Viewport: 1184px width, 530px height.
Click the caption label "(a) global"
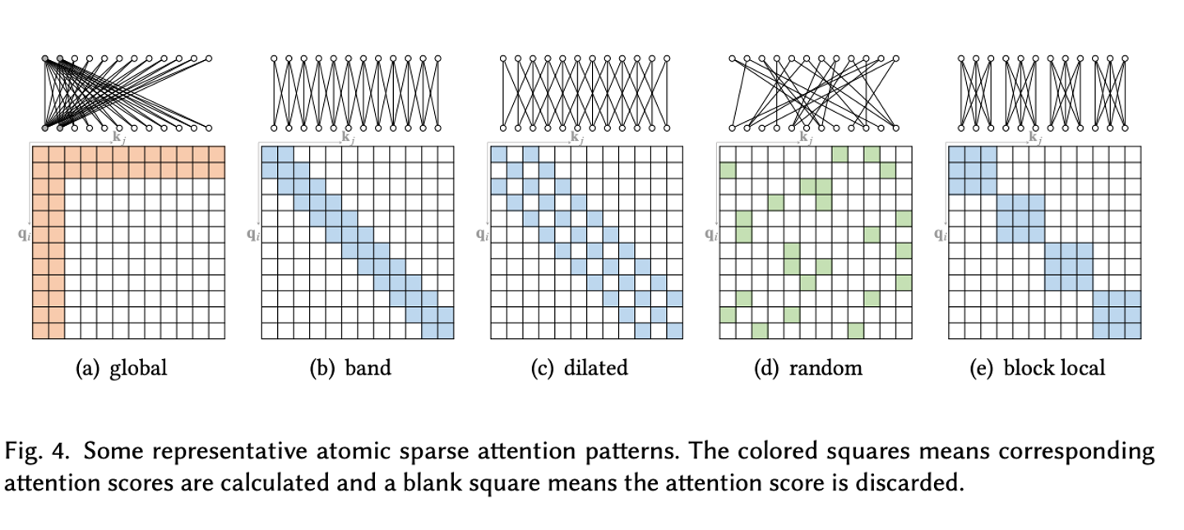[x=121, y=368]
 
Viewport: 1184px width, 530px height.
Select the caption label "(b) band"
[x=350, y=368]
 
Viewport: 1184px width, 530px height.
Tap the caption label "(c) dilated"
[x=579, y=368]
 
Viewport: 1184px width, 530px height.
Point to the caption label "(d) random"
[x=808, y=368]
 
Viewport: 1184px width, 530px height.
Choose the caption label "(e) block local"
[x=1038, y=368]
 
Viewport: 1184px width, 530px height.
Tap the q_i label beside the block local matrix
[x=939, y=234]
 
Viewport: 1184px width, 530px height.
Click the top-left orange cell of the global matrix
[x=40, y=155]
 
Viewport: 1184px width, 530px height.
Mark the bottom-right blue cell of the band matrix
[x=445, y=331]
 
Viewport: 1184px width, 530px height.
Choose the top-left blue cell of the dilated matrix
[x=498, y=155]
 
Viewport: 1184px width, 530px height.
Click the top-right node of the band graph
[x=437, y=58]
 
